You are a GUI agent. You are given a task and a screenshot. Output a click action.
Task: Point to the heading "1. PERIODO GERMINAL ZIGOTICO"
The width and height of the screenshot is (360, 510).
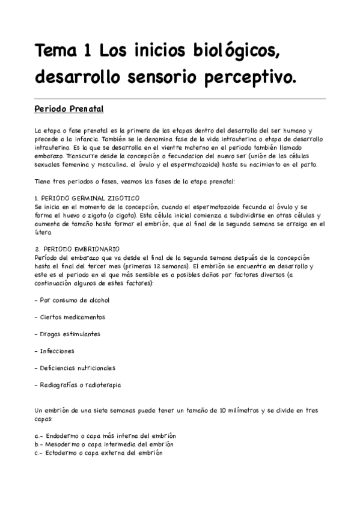coord(87,198)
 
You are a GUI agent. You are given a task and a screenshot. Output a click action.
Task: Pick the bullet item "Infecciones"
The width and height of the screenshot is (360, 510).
coord(56,351)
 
